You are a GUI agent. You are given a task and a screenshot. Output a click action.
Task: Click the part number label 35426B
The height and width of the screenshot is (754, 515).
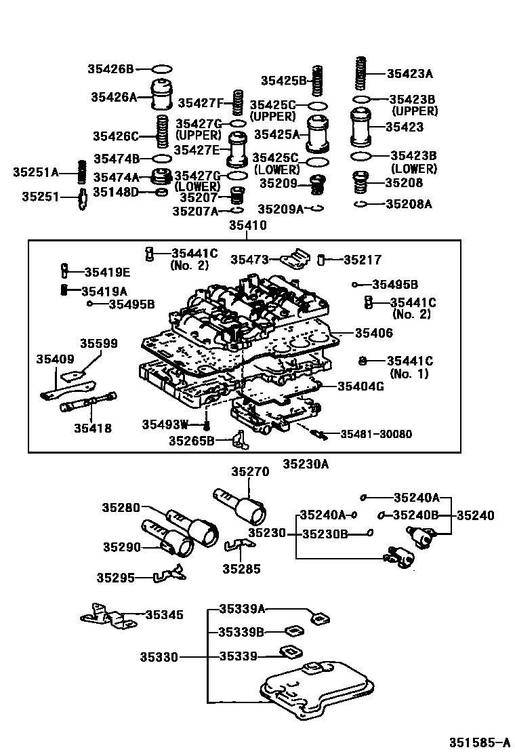point(110,68)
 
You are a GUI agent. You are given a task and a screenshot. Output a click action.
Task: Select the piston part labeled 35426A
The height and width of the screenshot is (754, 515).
point(162,96)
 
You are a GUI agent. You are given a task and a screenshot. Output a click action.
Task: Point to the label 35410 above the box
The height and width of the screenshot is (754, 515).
point(247,226)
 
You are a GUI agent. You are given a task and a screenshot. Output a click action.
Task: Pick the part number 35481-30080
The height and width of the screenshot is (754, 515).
point(375,434)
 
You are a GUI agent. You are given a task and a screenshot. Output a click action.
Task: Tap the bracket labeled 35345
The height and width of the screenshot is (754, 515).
point(104,617)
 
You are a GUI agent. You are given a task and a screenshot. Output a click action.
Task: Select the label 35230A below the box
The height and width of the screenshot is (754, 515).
point(305,464)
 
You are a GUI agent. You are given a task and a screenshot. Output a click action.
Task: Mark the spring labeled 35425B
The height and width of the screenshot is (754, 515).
point(316,81)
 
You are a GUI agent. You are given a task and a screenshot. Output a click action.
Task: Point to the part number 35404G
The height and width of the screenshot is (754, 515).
point(360,386)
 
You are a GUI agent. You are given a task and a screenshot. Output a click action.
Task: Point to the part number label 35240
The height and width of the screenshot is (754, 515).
point(475,515)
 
